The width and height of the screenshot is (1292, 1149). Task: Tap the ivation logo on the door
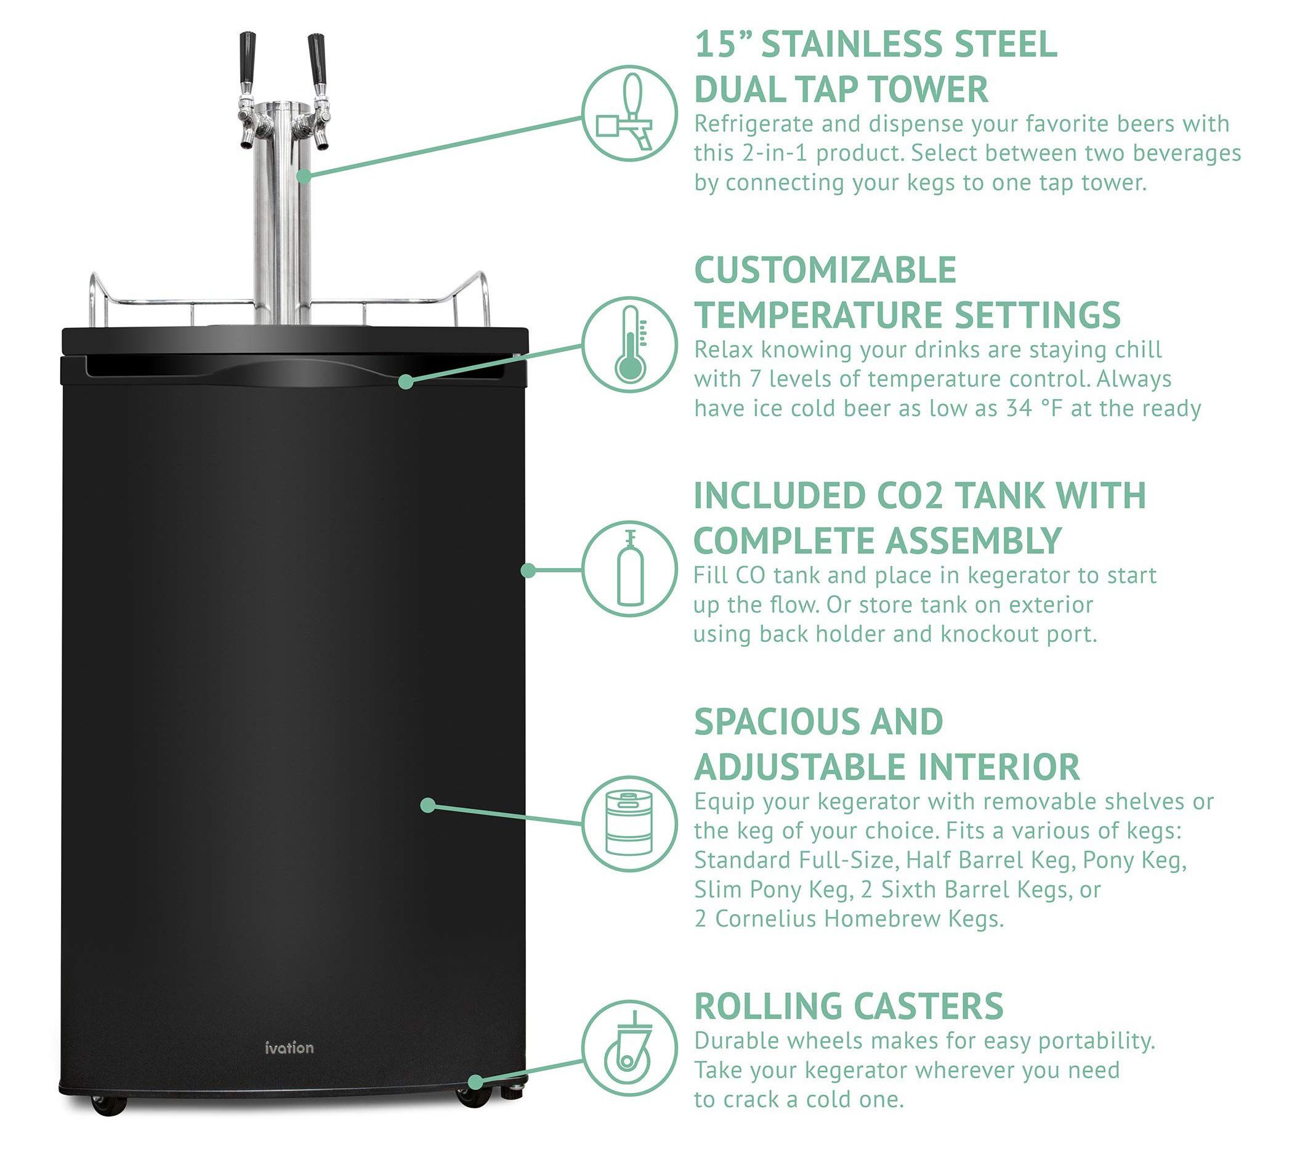click(289, 1047)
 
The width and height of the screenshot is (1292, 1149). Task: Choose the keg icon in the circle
click(629, 824)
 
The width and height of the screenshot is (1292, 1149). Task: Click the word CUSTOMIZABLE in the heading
click(825, 270)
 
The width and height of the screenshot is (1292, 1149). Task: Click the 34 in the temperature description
click(1019, 408)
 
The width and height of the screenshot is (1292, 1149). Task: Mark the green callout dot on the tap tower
click(304, 176)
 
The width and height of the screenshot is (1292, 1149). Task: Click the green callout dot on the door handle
click(406, 381)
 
